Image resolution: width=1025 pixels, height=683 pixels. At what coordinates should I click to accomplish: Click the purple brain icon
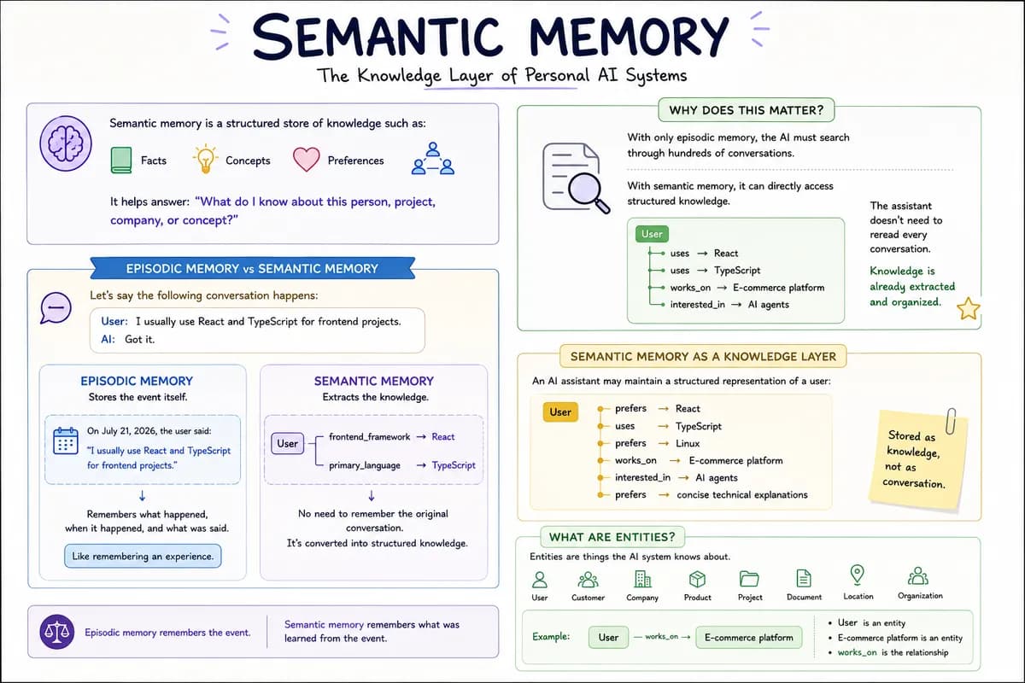coord(66,143)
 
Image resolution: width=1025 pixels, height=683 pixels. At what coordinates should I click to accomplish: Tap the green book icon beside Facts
coord(120,161)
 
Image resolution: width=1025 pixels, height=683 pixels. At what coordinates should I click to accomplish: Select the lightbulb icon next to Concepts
coord(205,159)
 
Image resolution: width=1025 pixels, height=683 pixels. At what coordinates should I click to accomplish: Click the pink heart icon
coord(306,159)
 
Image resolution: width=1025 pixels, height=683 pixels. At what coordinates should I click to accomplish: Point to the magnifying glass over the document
coord(589,193)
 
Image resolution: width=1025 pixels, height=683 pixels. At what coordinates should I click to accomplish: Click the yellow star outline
coord(969,309)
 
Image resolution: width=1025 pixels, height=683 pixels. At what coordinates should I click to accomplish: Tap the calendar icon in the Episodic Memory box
coord(66,441)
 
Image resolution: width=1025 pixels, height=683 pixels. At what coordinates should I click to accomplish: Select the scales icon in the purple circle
coord(56,632)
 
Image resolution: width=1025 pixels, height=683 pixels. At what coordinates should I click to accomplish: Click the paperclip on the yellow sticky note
coord(951,420)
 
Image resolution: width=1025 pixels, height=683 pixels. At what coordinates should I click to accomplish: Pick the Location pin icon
coord(857,575)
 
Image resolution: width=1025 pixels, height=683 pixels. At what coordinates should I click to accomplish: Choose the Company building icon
coord(642,579)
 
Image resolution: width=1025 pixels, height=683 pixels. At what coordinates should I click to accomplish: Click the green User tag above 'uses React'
coord(652,234)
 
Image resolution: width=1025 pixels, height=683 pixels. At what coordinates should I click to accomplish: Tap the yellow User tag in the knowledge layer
coord(560,412)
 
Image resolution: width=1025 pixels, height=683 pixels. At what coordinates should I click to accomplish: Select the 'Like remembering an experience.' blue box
coord(143,556)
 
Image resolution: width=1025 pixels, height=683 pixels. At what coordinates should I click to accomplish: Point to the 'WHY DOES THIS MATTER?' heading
coord(747,110)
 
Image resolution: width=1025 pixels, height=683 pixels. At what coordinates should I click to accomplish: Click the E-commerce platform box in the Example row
coord(748,637)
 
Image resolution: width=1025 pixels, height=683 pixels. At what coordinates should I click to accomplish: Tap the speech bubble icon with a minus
coord(56,308)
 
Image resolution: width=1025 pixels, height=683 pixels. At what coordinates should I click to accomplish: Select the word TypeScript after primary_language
coord(454,465)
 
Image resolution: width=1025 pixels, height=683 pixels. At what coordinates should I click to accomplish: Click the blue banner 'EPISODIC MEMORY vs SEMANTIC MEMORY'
coord(252,269)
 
